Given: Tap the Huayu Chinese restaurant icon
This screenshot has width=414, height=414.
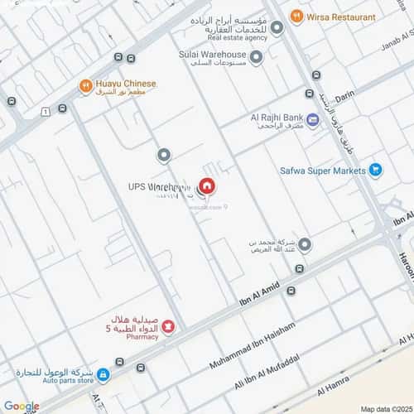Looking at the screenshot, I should (x=85, y=84).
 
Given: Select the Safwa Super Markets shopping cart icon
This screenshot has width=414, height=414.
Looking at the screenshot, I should (x=376, y=171).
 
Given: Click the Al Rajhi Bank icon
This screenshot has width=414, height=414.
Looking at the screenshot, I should (x=313, y=121).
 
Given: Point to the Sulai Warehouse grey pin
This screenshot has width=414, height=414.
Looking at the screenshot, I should (x=257, y=58).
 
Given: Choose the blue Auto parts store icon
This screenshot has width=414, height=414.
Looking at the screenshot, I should (x=102, y=375).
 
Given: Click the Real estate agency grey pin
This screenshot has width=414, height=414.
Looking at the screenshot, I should (x=277, y=26).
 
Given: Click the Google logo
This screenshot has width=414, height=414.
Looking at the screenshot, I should (x=21, y=406).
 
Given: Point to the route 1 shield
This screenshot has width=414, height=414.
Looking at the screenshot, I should (x=43, y=111).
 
